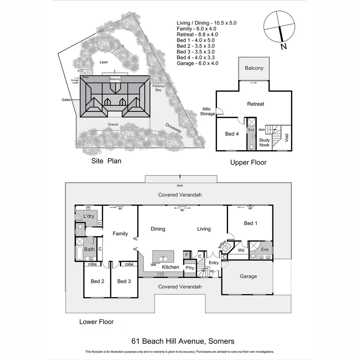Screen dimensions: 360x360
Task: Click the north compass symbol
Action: tap(279, 26)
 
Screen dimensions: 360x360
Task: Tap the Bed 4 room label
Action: tap(232, 134)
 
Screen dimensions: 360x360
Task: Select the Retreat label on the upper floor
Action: tap(256, 104)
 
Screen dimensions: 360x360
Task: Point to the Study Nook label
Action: tap(264, 143)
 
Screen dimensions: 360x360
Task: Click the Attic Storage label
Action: tap(208, 112)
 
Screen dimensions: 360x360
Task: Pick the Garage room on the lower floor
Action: tap(248, 276)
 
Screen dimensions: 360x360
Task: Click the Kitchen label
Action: tap(170, 267)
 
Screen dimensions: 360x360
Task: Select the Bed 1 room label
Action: tap(250, 223)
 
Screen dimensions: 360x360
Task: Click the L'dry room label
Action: tap(89, 216)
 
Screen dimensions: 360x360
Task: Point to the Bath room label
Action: tap(89, 249)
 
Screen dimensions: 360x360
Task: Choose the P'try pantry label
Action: tap(190, 268)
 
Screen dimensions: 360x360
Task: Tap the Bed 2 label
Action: tap(97, 281)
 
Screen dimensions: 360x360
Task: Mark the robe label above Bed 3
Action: tap(129, 264)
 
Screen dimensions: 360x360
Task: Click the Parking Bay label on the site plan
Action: tap(158, 88)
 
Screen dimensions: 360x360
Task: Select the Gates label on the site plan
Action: tap(66, 100)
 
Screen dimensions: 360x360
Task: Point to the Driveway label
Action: tap(174, 128)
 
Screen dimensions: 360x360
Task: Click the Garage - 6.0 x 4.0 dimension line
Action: tap(197, 63)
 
